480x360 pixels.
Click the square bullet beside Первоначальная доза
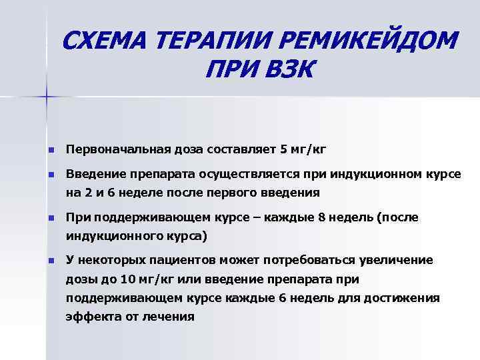click(x=50, y=149)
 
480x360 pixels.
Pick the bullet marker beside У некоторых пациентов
click(x=50, y=260)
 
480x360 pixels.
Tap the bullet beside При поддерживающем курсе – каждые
click(x=50, y=219)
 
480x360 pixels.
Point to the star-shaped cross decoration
click(x=47, y=97)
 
